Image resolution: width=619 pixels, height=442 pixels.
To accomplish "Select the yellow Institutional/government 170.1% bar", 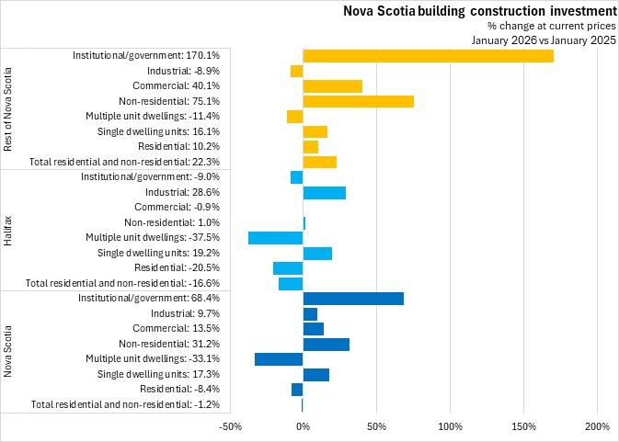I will pos(428,56).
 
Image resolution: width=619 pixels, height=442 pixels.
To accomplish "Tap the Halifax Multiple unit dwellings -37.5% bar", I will pos(275,237).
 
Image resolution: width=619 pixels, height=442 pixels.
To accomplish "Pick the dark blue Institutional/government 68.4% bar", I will pos(352,298).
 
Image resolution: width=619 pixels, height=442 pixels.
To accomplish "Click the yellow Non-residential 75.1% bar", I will pos(358,101).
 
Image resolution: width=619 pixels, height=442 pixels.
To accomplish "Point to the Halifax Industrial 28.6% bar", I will pos(324,192).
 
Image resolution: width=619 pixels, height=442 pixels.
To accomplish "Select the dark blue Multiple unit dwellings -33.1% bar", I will pos(279,358).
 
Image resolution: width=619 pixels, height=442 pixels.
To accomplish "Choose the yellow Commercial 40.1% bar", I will pos(332,86).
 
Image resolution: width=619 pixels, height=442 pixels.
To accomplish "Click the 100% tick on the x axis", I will pos(450,426).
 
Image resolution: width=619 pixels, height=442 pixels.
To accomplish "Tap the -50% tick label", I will pos(229,426).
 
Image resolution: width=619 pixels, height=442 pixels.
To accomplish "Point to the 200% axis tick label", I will pos(597,426).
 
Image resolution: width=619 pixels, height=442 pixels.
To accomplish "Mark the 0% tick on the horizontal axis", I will pos(303,426).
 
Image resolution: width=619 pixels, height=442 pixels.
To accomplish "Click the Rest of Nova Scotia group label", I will pos(8,108).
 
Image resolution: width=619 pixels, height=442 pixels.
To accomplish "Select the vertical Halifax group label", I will pos(8,230).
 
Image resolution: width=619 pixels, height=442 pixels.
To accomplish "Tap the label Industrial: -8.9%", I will pos(183,71).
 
